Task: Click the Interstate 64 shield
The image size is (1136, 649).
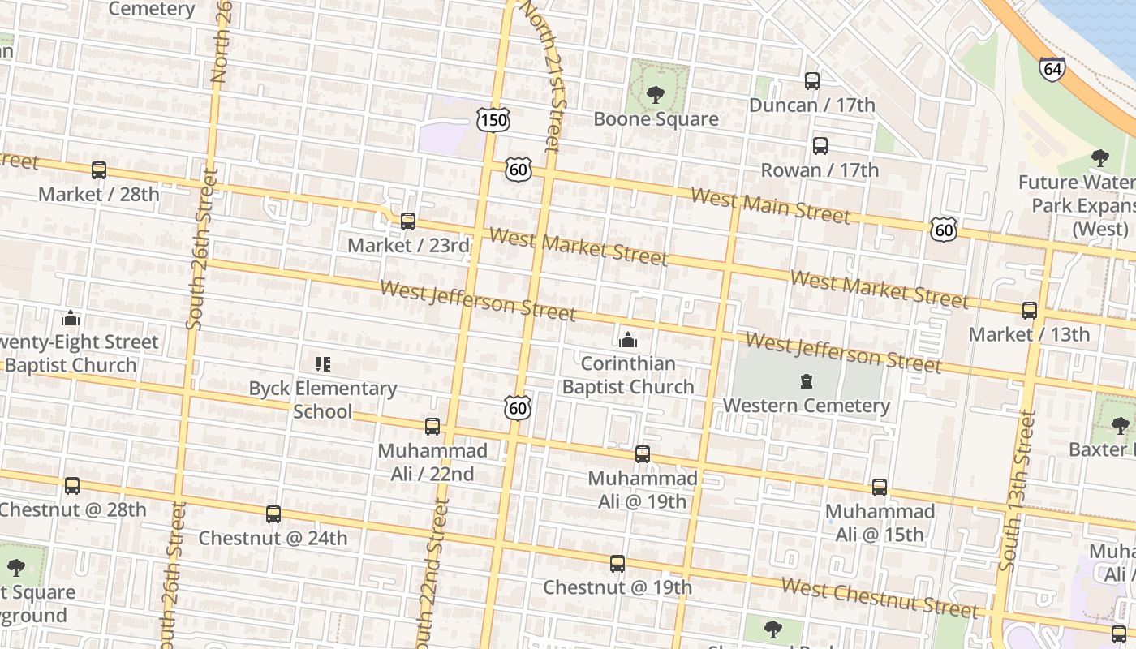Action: click(x=1052, y=68)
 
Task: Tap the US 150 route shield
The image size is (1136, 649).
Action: click(x=493, y=121)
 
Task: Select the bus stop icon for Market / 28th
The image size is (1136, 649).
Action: click(x=99, y=170)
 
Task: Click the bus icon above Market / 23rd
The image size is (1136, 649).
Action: click(x=408, y=221)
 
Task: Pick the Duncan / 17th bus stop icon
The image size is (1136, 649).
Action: click(x=812, y=81)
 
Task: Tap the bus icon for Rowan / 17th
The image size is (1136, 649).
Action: click(x=820, y=146)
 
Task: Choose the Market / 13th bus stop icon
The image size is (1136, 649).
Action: click(x=1030, y=310)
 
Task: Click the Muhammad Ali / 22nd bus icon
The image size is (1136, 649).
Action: click(x=432, y=426)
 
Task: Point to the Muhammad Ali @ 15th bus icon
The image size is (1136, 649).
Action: click(x=880, y=488)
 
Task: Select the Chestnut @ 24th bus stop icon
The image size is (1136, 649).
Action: click(x=273, y=514)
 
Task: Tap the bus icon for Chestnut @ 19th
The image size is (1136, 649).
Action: click(x=617, y=563)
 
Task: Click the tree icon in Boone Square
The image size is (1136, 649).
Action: click(x=656, y=95)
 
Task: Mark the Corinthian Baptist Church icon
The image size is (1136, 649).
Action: click(x=628, y=339)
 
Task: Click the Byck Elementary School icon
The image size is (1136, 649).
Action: click(x=323, y=364)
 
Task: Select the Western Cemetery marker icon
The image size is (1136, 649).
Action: click(x=807, y=380)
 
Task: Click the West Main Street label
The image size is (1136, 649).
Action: click(x=770, y=204)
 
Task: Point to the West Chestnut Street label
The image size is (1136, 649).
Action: click(x=880, y=599)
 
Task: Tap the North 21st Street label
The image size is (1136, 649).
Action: click(x=542, y=77)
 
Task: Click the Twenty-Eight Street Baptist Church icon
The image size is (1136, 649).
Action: click(x=71, y=317)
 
